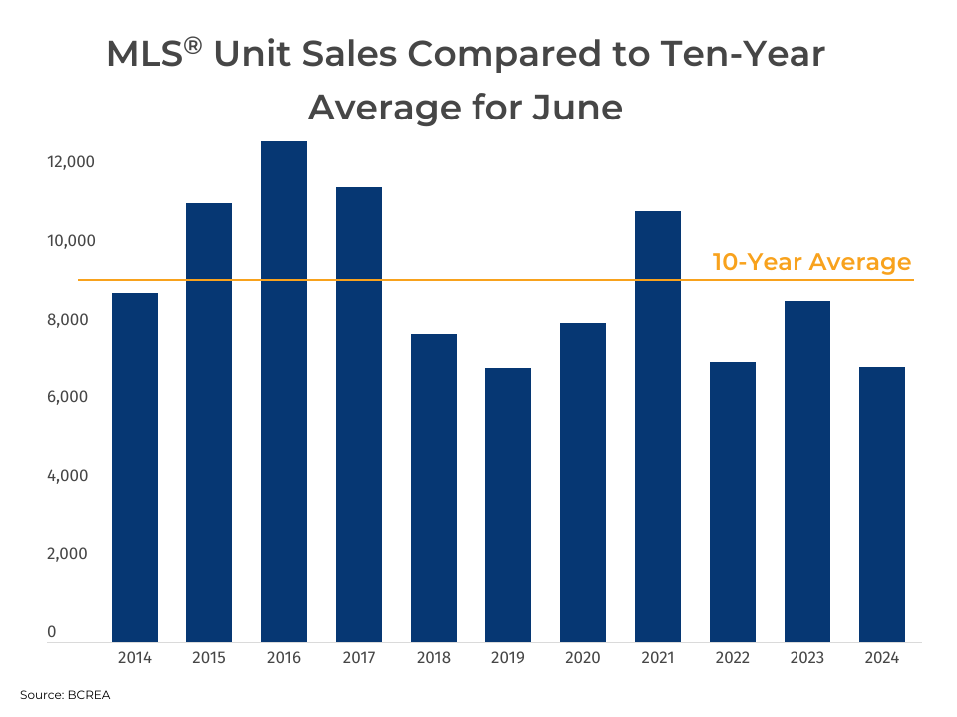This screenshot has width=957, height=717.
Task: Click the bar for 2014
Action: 135,467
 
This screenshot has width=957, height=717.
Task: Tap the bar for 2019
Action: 508,505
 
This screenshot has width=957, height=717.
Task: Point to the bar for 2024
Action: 882,505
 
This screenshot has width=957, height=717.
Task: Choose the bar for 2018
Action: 434,488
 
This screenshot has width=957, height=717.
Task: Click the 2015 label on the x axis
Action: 209,658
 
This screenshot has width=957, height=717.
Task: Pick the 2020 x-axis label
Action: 583,658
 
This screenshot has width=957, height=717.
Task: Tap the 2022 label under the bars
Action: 733,658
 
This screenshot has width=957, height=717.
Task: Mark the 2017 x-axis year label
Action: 359,658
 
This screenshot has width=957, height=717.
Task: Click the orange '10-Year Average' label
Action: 811,262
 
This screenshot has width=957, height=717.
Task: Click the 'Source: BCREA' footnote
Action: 65,695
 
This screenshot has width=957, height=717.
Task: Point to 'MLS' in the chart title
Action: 144,56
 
